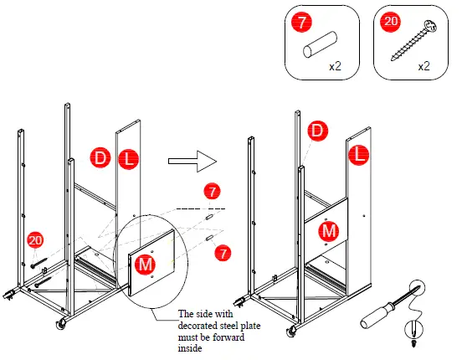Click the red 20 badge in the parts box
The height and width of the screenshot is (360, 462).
[389, 23]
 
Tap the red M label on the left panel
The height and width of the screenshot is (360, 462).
[145, 264]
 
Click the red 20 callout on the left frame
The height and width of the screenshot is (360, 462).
[35, 240]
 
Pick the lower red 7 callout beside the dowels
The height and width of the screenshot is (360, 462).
[223, 251]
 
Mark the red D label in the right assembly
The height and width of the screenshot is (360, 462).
[317, 130]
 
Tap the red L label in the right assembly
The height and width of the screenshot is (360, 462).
[359, 154]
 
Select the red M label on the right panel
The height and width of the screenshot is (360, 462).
[330, 229]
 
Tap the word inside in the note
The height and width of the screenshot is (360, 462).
[191, 348]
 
